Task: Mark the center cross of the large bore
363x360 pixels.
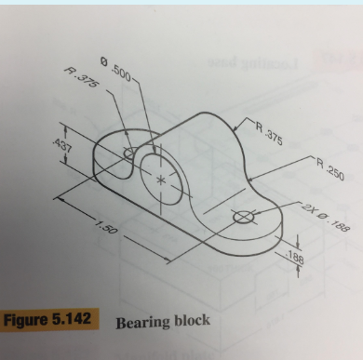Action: (x=163, y=179)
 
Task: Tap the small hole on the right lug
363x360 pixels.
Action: (x=244, y=218)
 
